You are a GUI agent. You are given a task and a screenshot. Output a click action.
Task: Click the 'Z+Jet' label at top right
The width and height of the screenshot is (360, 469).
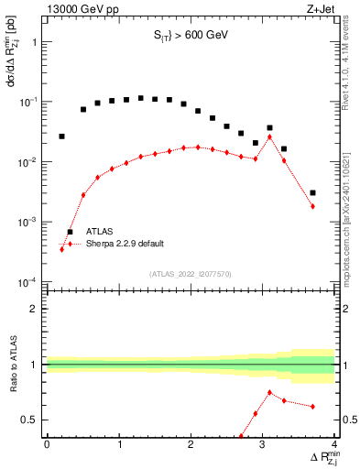click(322, 9)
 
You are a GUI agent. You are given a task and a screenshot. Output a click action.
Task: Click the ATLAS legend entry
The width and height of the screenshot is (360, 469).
click(100, 232)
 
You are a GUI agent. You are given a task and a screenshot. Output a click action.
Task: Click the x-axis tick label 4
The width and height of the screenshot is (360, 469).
click(334, 444)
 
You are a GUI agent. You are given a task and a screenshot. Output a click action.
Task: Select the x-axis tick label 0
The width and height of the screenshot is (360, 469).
click(47, 444)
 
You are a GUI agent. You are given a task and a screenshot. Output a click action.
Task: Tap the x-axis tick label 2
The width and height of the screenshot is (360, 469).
click(191, 444)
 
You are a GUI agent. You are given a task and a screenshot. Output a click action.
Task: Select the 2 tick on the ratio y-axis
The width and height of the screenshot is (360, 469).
click(35, 309)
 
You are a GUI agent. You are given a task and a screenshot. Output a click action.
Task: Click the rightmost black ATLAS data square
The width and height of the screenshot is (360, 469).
click(313, 192)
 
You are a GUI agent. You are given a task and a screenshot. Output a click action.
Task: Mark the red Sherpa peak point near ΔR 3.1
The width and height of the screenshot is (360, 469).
click(269, 136)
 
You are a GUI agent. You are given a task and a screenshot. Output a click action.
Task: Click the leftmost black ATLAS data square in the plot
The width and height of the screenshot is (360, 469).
click(61, 136)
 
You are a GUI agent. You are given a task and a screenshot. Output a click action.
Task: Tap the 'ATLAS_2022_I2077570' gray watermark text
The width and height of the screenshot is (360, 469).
click(191, 273)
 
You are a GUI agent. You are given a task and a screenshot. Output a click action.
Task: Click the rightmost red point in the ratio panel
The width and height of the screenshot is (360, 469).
click(313, 406)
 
